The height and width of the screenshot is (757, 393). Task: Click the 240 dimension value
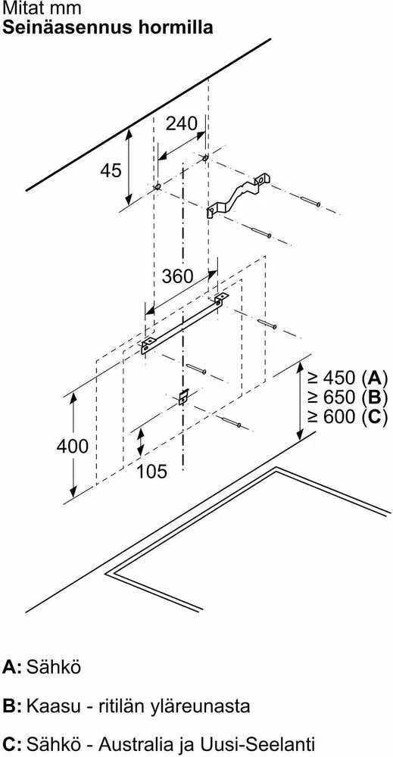(182, 123)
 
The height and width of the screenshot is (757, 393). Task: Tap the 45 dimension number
(111, 170)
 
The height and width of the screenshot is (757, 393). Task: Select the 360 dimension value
(177, 276)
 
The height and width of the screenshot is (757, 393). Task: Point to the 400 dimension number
(73, 446)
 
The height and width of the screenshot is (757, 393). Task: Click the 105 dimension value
(151, 471)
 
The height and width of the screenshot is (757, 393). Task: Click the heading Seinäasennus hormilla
(108, 27)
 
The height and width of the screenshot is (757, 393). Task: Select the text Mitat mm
(42, 8)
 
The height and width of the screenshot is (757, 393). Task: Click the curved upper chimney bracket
(237, 195)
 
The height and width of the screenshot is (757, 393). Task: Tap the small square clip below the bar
(183, 397)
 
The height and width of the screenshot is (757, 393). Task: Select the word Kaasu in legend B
(51, 706)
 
